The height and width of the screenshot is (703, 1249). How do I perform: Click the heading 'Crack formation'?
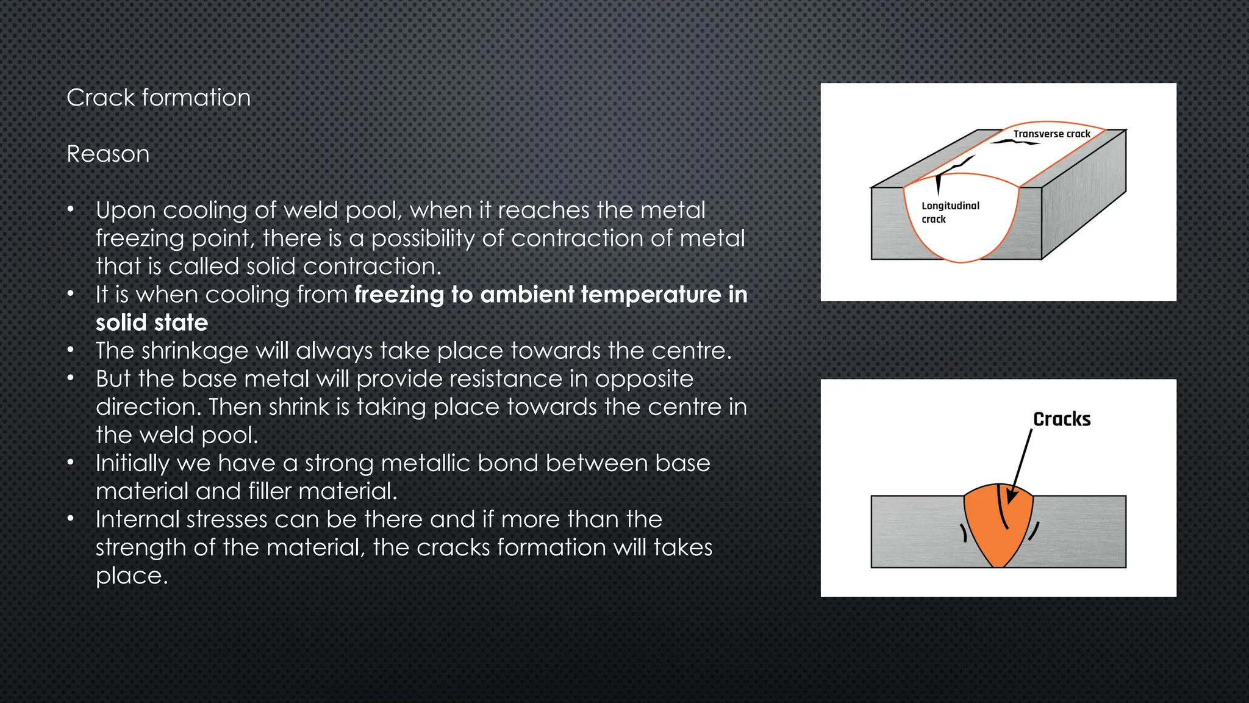pos(159,98)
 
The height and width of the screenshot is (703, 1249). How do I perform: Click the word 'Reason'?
pos(108,154)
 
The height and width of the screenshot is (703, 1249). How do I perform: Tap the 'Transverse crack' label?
pos(1051,134)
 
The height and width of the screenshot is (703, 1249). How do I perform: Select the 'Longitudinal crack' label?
pos(949,212)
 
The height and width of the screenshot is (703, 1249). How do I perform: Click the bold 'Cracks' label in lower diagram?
pos(1061,419)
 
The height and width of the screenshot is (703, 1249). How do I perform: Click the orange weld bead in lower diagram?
pos(994,537)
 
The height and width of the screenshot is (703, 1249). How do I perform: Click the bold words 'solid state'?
pos(152,322)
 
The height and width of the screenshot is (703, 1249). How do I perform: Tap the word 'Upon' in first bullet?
pos(125,211)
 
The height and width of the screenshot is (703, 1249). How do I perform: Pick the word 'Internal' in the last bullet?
pos(137,519)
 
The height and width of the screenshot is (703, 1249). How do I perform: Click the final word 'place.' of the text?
pos(132,575)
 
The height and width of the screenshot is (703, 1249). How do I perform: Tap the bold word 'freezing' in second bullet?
pos(399,295)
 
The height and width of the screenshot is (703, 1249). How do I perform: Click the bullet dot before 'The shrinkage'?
pos(71,350)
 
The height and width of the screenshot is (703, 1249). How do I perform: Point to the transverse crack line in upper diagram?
pos(1015,142)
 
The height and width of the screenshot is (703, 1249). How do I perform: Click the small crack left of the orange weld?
pos(964,533)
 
